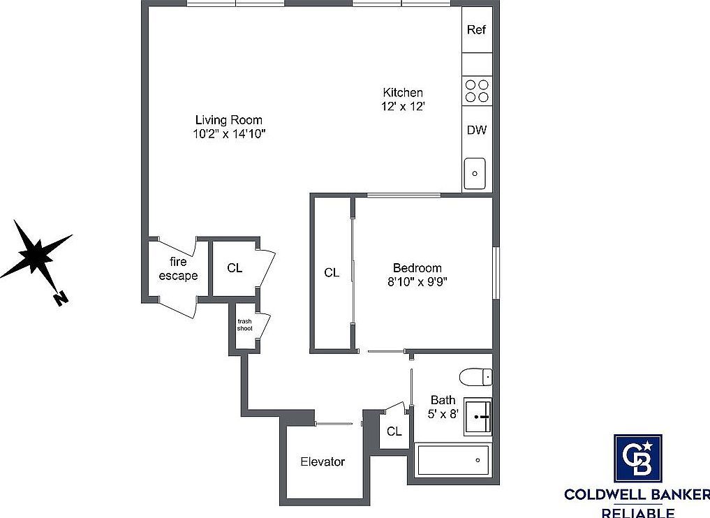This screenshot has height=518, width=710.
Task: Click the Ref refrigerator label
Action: pos(476,30)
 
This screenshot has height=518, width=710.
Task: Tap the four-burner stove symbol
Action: pos(476,91)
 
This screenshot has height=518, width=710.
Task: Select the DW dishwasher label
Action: pos(476,130)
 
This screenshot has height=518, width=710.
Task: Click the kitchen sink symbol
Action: pos(475,172)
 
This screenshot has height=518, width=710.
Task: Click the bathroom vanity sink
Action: pos(478,417)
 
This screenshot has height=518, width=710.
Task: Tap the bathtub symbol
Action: pos(453,461)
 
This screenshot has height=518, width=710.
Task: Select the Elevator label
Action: pos(323,461)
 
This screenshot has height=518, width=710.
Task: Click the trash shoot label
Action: pos(244,325)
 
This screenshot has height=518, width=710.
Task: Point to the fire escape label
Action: pos(178,269)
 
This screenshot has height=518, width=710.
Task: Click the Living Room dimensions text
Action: pos(230,134)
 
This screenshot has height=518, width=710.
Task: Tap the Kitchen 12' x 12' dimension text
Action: pos(403,106)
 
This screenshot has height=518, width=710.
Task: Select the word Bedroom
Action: pos(417,268)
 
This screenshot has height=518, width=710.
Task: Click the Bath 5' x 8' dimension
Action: pos(443,413)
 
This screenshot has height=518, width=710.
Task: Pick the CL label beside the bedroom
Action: pos(332,273)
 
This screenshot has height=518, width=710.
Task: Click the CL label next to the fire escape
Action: pos(235,268)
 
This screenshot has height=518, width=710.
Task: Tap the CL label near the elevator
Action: pos(394,431)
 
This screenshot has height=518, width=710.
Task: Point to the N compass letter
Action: pos(60,299)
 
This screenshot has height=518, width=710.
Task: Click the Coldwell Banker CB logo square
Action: pos(637,458)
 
